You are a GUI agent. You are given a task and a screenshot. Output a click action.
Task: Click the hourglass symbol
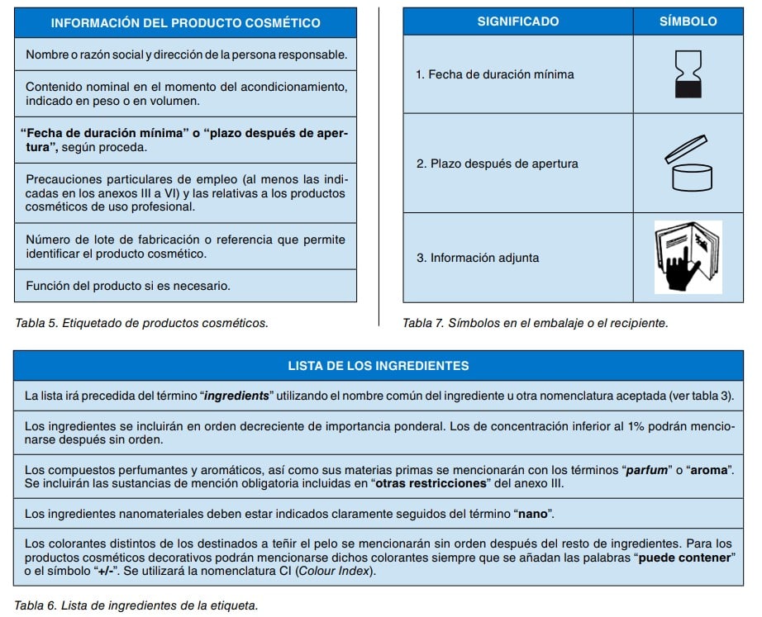(x=688, y=74)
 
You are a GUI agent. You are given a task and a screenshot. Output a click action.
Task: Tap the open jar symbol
(x=688, y=164)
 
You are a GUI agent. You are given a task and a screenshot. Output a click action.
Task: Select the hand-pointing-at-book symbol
(x=688, y=257)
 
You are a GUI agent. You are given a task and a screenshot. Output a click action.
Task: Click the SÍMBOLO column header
(x=688, y=21)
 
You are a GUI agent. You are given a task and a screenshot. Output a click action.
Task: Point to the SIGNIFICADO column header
(x=518, y=21)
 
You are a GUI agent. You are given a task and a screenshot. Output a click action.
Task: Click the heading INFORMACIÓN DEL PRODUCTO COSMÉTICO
(x=186, y=23)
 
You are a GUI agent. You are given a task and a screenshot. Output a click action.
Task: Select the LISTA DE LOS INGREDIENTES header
(x=379, y=365)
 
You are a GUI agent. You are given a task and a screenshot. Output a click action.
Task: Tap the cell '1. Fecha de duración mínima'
(x=494, y=74)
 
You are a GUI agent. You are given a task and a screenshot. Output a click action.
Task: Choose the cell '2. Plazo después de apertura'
(x=497, y=164)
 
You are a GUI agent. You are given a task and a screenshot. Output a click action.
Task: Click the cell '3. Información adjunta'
(x=478, y=258)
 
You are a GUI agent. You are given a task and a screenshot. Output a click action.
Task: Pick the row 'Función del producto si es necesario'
(x=127, y=287)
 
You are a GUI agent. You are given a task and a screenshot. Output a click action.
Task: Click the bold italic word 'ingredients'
(x=236, y=396)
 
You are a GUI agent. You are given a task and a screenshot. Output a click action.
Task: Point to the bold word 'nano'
(x=532, y=514)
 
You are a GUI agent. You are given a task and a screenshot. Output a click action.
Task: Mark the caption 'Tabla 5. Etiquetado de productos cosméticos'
(x=141, y=323)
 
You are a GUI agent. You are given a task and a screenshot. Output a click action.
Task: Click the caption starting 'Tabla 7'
(x=535, y=323)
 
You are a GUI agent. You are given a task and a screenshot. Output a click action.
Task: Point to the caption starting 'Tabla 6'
(x=136, y=605)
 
